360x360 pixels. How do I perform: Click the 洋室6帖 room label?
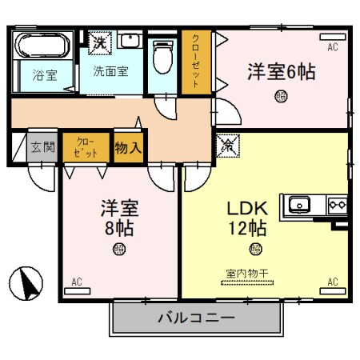click(282, 71)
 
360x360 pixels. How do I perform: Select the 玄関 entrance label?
click(42, 147)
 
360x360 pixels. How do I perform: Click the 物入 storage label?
click(128, 147)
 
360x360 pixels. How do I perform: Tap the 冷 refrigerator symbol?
click(227, 146)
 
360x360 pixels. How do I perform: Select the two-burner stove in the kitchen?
click(338, 204)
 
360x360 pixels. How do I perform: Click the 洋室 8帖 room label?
click(118, 218)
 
